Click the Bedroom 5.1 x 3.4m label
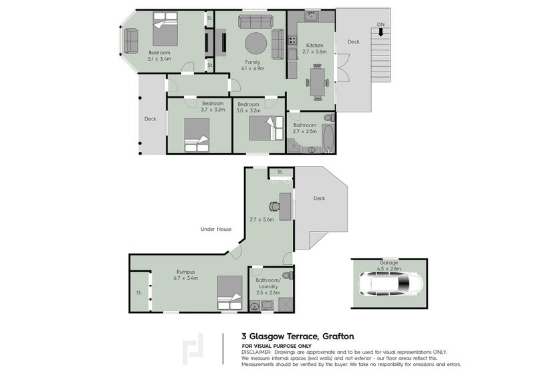[159, 56]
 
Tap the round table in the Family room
[255, 44]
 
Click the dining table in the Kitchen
[317, 83]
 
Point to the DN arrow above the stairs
[381, 29]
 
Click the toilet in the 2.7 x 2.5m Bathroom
[328, 118]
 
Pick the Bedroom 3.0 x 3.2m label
[248, 107]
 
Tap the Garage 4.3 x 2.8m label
[389, 266]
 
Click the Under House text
[216, 229]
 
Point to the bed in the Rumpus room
[229, 293]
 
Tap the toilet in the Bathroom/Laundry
[287, 275]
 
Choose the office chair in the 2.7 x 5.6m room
[274, 207]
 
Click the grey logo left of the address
[194, 349]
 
